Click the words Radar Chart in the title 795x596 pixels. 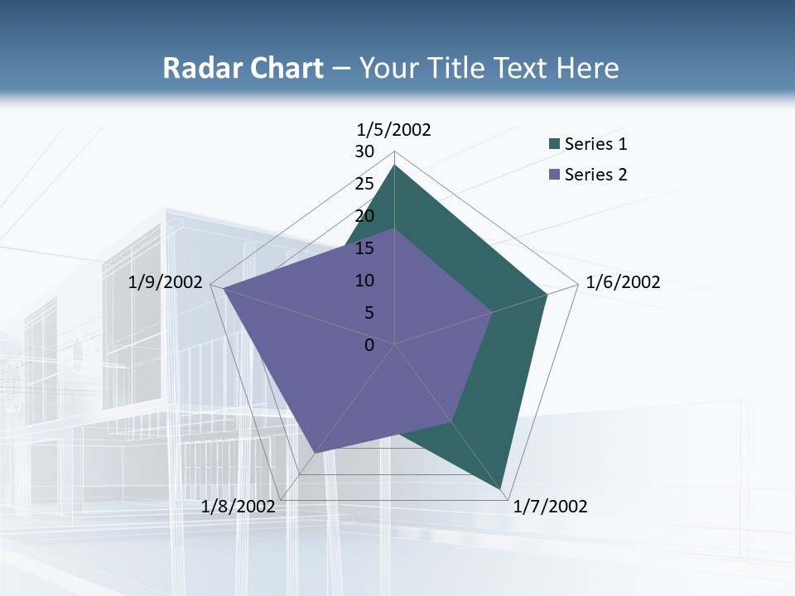tap(243, 68)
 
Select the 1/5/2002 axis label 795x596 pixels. tap(394, 129)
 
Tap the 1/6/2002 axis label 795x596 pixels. tap(623, 282)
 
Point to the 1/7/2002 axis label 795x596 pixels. tap(550, 507)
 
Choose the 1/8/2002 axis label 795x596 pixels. tap(238, 507)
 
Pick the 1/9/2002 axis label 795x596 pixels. tap(166, 282)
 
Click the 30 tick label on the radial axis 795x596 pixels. tap(364, 151)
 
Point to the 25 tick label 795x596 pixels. tap(364, 184)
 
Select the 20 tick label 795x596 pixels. tap(364, 216)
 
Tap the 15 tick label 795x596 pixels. tap(364, 248)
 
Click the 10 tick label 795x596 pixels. tap(364, 281)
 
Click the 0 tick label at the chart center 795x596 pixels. tap(369, 345)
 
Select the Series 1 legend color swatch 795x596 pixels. tap(554, 145)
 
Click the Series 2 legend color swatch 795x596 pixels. tap(554, 175)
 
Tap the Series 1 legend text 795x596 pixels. tap(595, 144)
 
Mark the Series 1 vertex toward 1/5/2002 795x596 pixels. tap(394, 165)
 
